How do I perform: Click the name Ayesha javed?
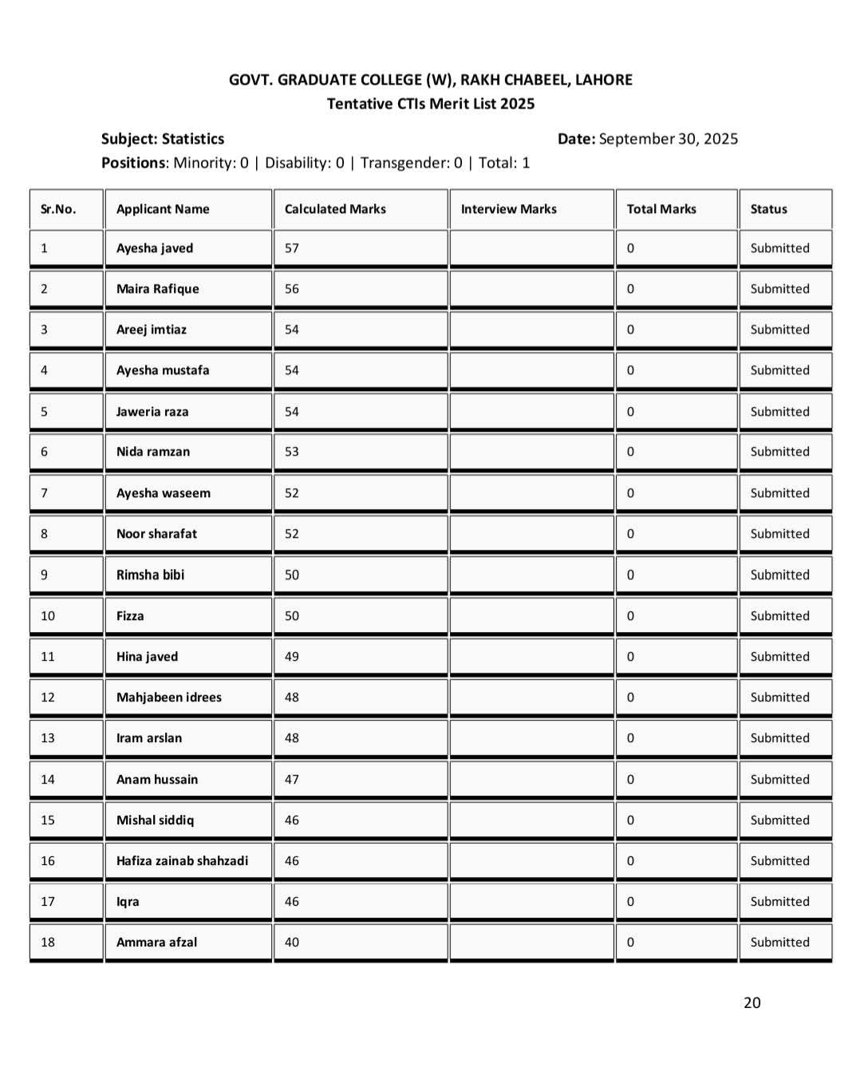[155, 248]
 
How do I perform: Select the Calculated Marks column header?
[335, 209]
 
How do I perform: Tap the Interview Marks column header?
[508, 209]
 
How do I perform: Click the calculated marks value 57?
[292, 248]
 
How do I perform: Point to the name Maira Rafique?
[158, 289]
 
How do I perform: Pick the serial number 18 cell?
[48, 943]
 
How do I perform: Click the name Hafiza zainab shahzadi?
[182, 861]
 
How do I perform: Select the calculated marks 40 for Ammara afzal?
[292, 943]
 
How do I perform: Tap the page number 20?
[751, 1003]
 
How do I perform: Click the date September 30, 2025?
[669, 139]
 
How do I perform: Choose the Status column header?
[768, 209]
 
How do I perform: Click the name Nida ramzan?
[153, 452]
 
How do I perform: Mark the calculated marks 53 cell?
[292, 452]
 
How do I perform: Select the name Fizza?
[130, 616]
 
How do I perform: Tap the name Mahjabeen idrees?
[169, 698]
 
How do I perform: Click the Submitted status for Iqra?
[779, 902]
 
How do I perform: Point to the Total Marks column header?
[661, 209]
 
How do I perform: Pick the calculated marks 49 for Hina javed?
[292, 657]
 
